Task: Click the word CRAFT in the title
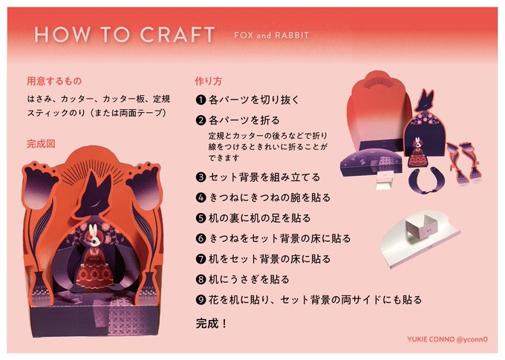pos(177,34)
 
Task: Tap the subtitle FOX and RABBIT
pos(272,35)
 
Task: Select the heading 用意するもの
pos(54,81)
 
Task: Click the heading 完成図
pos(41,143)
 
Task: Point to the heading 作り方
pos(209,81)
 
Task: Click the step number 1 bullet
pos(201,99)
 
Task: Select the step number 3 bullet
pos(201,177)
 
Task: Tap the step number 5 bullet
pos(201,218)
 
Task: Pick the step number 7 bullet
pos(201,259)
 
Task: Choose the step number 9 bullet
pos(201,300)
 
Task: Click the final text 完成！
pos(211,324)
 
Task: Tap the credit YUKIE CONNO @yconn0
pos(447,339)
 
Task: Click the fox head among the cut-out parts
pos(425,99)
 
